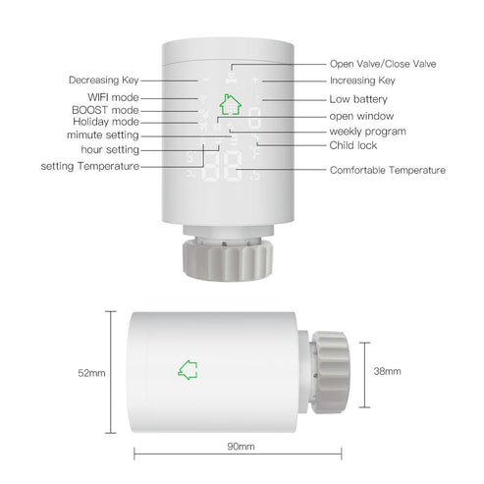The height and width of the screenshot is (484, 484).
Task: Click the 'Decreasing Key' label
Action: point(104,80)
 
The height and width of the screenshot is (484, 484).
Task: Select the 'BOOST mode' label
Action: point(107,110)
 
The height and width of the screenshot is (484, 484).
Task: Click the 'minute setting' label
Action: point(103,134)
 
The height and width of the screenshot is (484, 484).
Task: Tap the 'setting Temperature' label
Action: point(89,166)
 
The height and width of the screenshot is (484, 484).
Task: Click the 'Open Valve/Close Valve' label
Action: point(383,63)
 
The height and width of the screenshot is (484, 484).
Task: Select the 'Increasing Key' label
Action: point(363,81)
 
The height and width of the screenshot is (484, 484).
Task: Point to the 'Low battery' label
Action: point(358,99)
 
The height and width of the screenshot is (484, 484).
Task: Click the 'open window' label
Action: point(359,115)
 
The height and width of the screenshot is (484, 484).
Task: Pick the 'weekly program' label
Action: point(367,131)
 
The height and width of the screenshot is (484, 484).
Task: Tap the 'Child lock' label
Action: point(353,145)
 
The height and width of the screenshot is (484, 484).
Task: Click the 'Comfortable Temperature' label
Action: point(387,170)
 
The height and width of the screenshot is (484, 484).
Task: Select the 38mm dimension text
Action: point(388,373)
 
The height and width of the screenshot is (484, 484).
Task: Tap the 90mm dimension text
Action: point(241,447)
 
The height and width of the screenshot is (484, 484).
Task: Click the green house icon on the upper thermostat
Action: point(231,104)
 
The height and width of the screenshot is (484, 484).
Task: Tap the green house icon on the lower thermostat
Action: point(188,370)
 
